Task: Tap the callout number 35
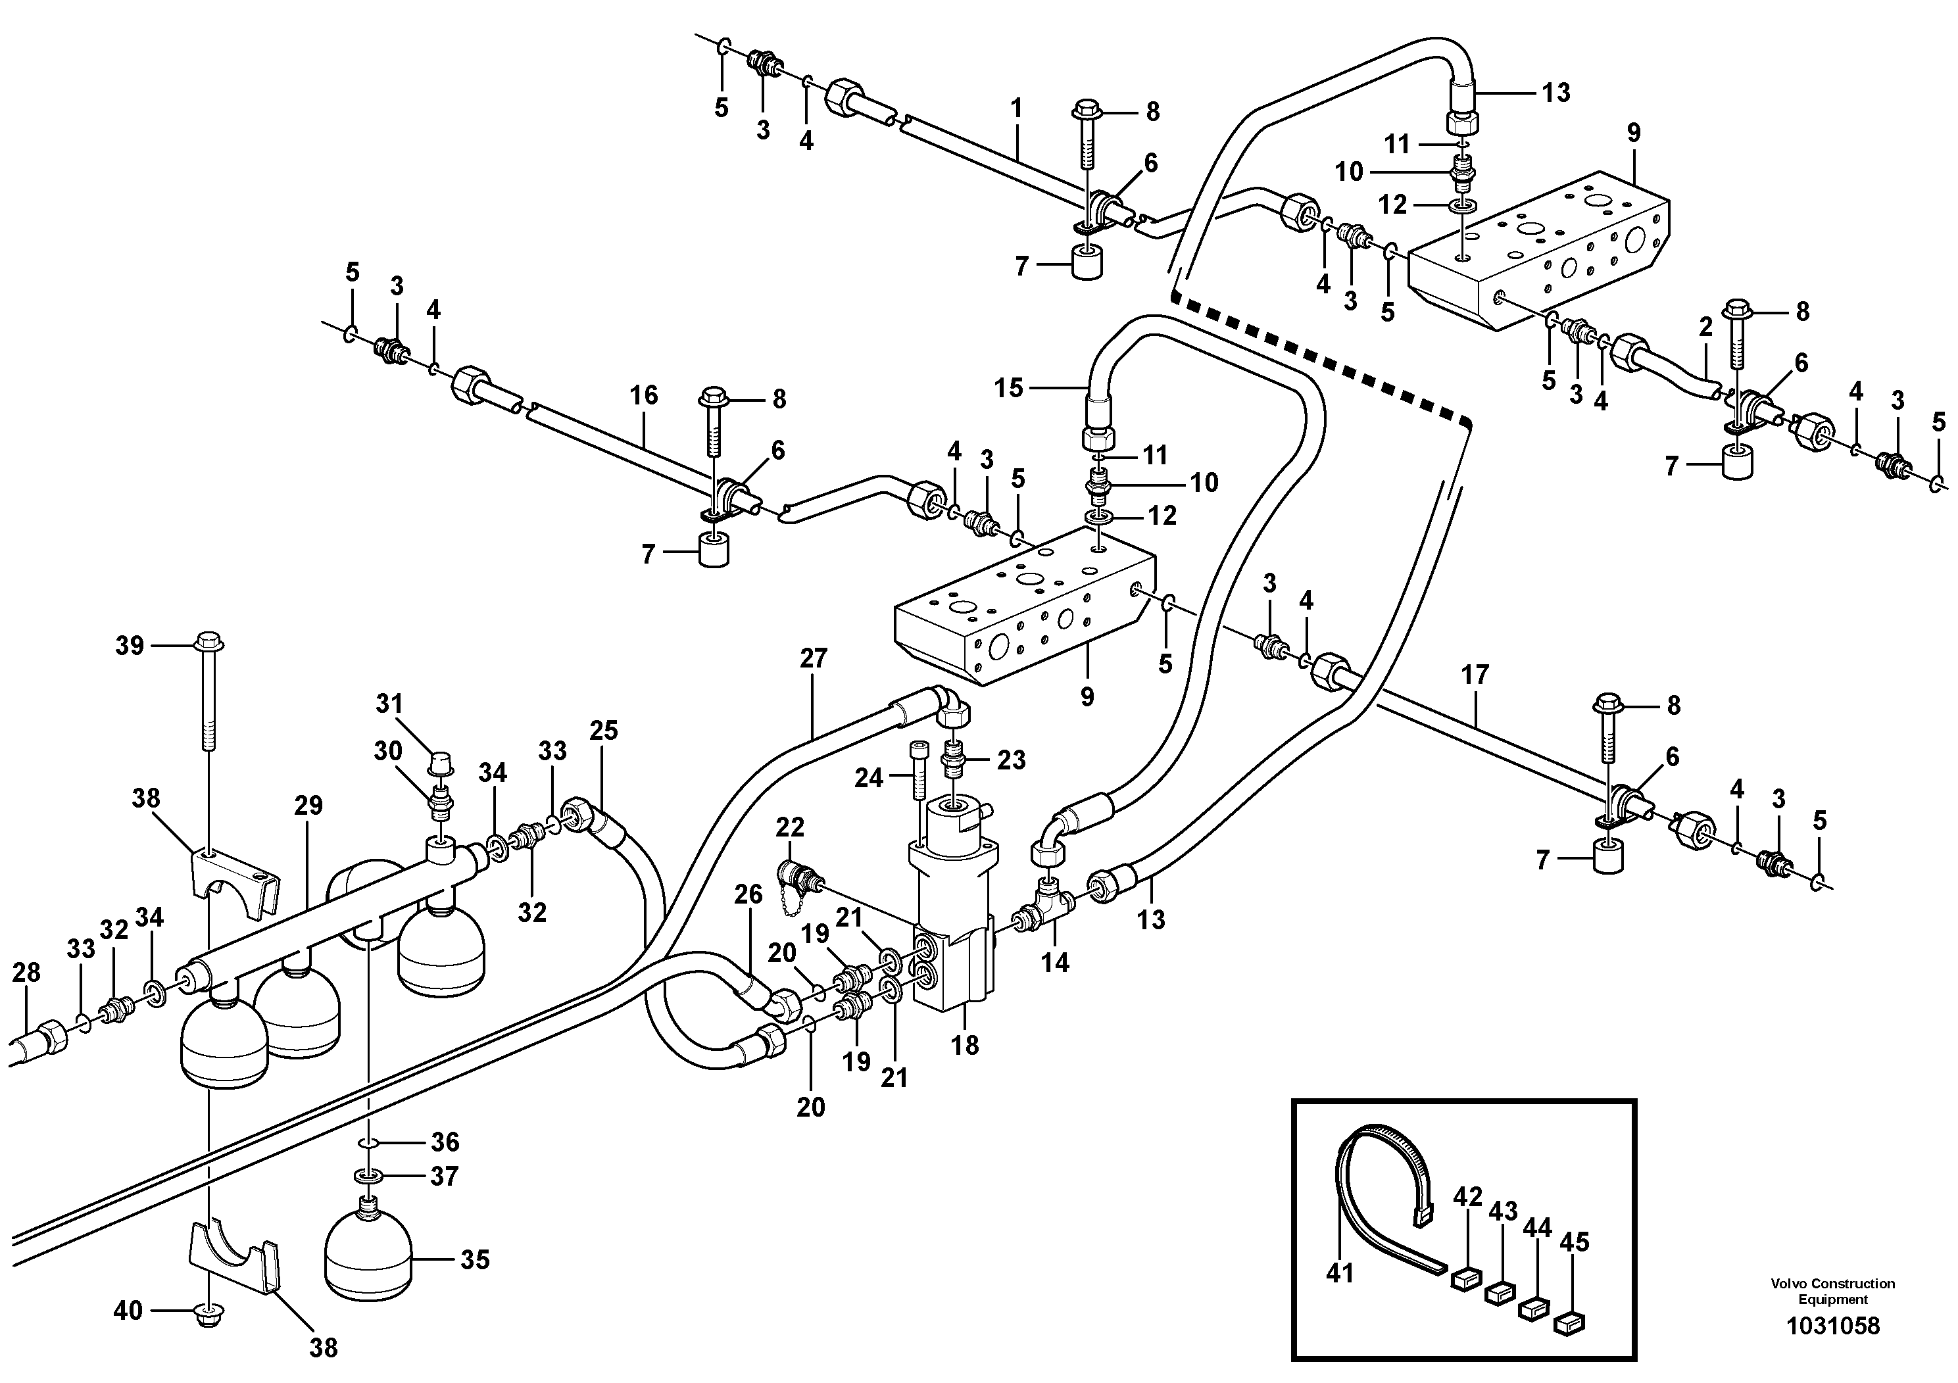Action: (475, 1259)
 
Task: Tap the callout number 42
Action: (1467, 1198)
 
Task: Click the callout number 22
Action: (791, 827)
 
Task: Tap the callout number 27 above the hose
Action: (814, 658)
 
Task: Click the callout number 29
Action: (308, 806)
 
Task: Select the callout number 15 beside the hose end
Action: (1008, 388)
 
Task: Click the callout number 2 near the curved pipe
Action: (1705, 327)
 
